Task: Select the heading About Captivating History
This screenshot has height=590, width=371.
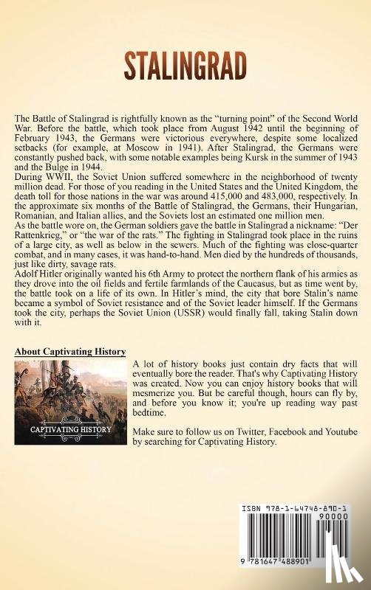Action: point(70,351)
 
